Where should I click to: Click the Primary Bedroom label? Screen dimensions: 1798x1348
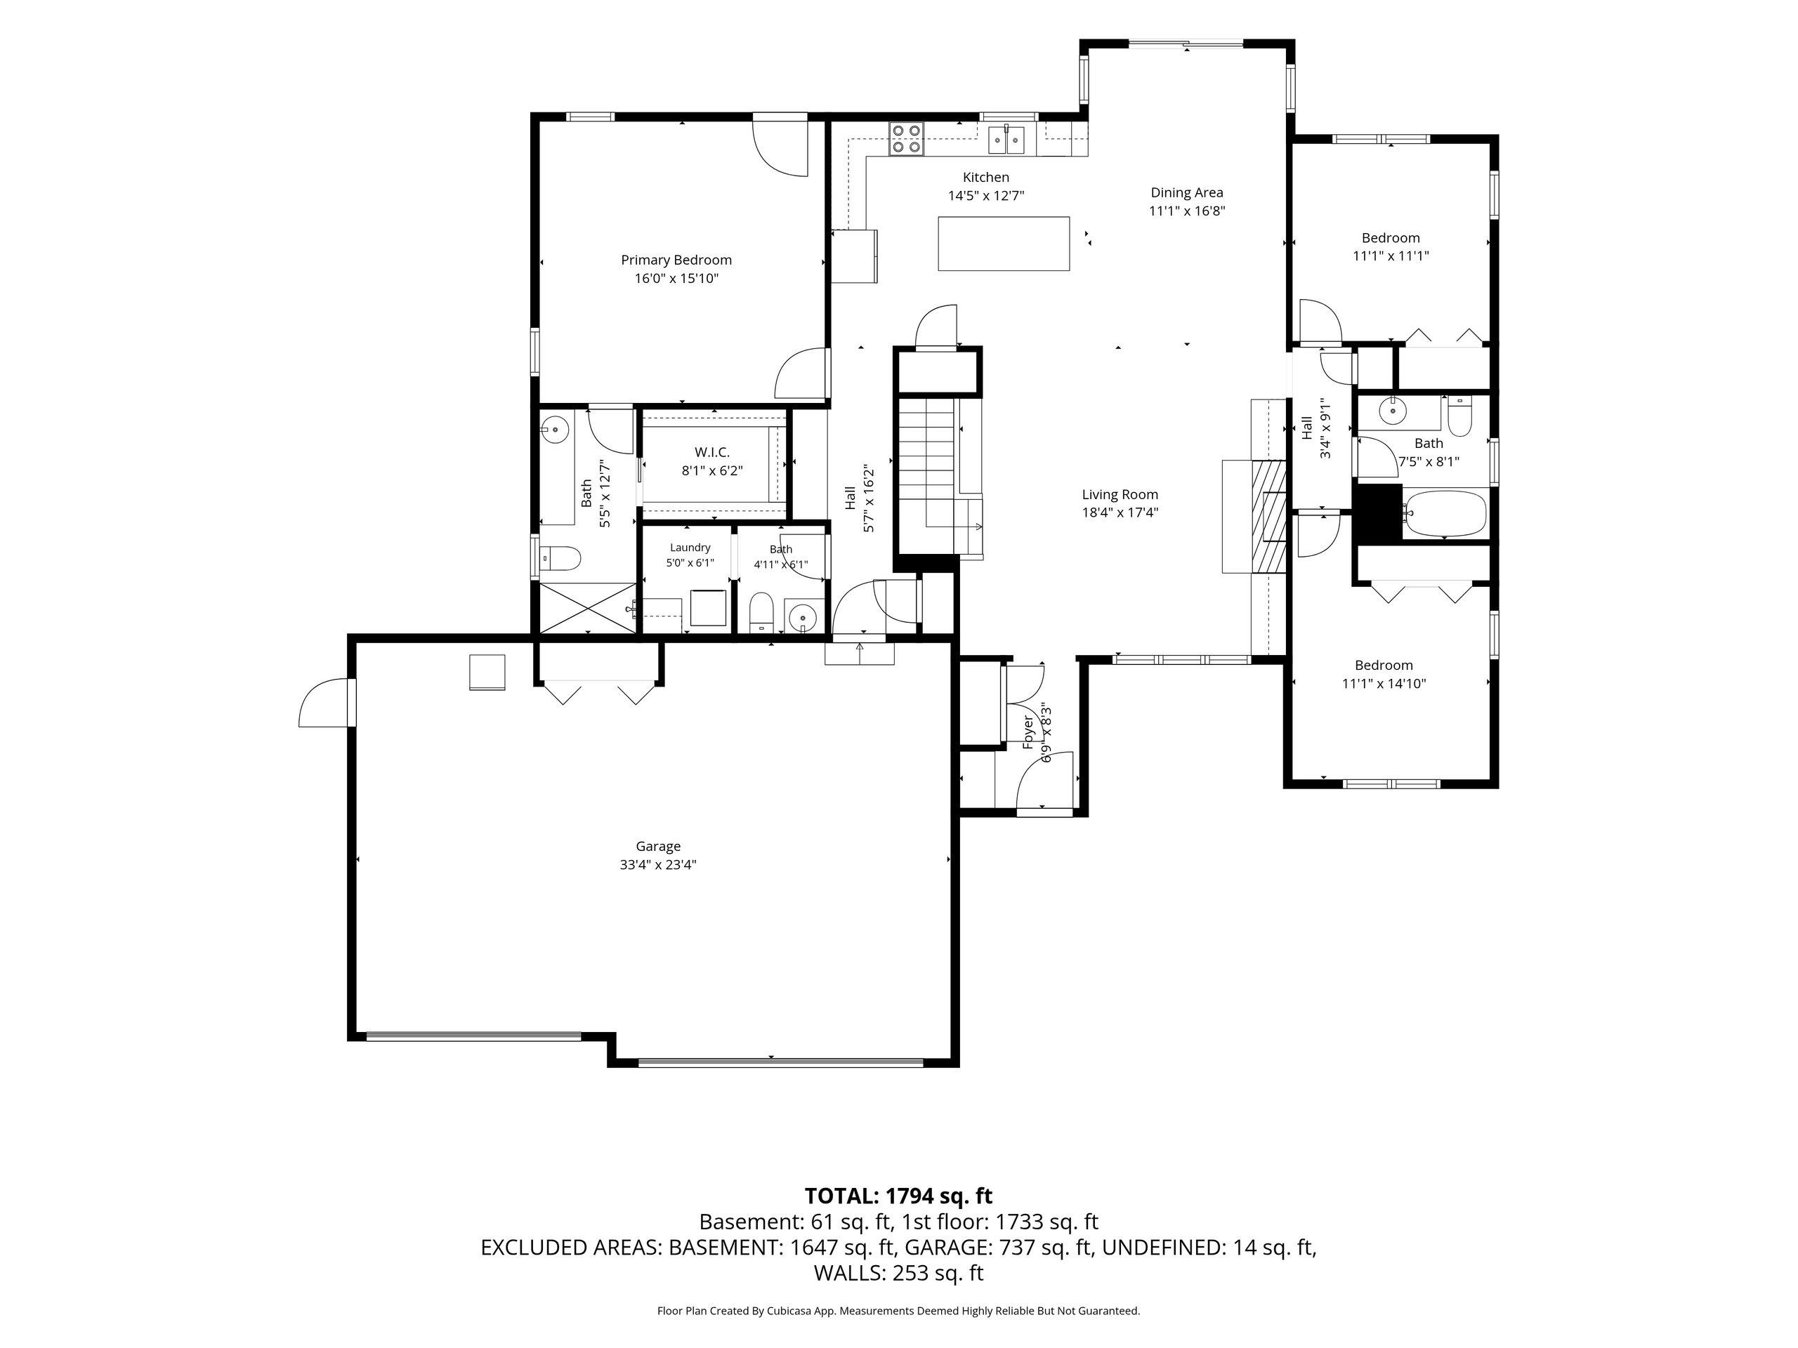tap(676, 260)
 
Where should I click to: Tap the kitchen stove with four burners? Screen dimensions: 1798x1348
tap(906, 138)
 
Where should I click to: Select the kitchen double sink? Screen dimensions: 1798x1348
tap(1008, 140)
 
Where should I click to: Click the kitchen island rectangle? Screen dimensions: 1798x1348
tap(1003, 243)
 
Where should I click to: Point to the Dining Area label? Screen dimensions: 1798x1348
tap(1187, 192)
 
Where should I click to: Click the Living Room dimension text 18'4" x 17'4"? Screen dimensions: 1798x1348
tap(1120, 513)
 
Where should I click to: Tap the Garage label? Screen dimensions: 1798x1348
tap(658, 847)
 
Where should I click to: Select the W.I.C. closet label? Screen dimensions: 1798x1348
tap(712, 451)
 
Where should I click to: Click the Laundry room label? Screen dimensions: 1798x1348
tap(690, 548)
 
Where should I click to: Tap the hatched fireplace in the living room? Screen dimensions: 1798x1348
tap(1267, 516)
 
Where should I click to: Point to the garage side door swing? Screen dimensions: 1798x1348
tap(326, 702)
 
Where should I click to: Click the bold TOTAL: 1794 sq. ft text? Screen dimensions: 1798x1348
tap(898, 1196)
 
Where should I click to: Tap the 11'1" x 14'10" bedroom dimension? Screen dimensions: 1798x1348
tap(1384, 683)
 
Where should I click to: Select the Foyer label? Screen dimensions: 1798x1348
tap(1028, 732)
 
